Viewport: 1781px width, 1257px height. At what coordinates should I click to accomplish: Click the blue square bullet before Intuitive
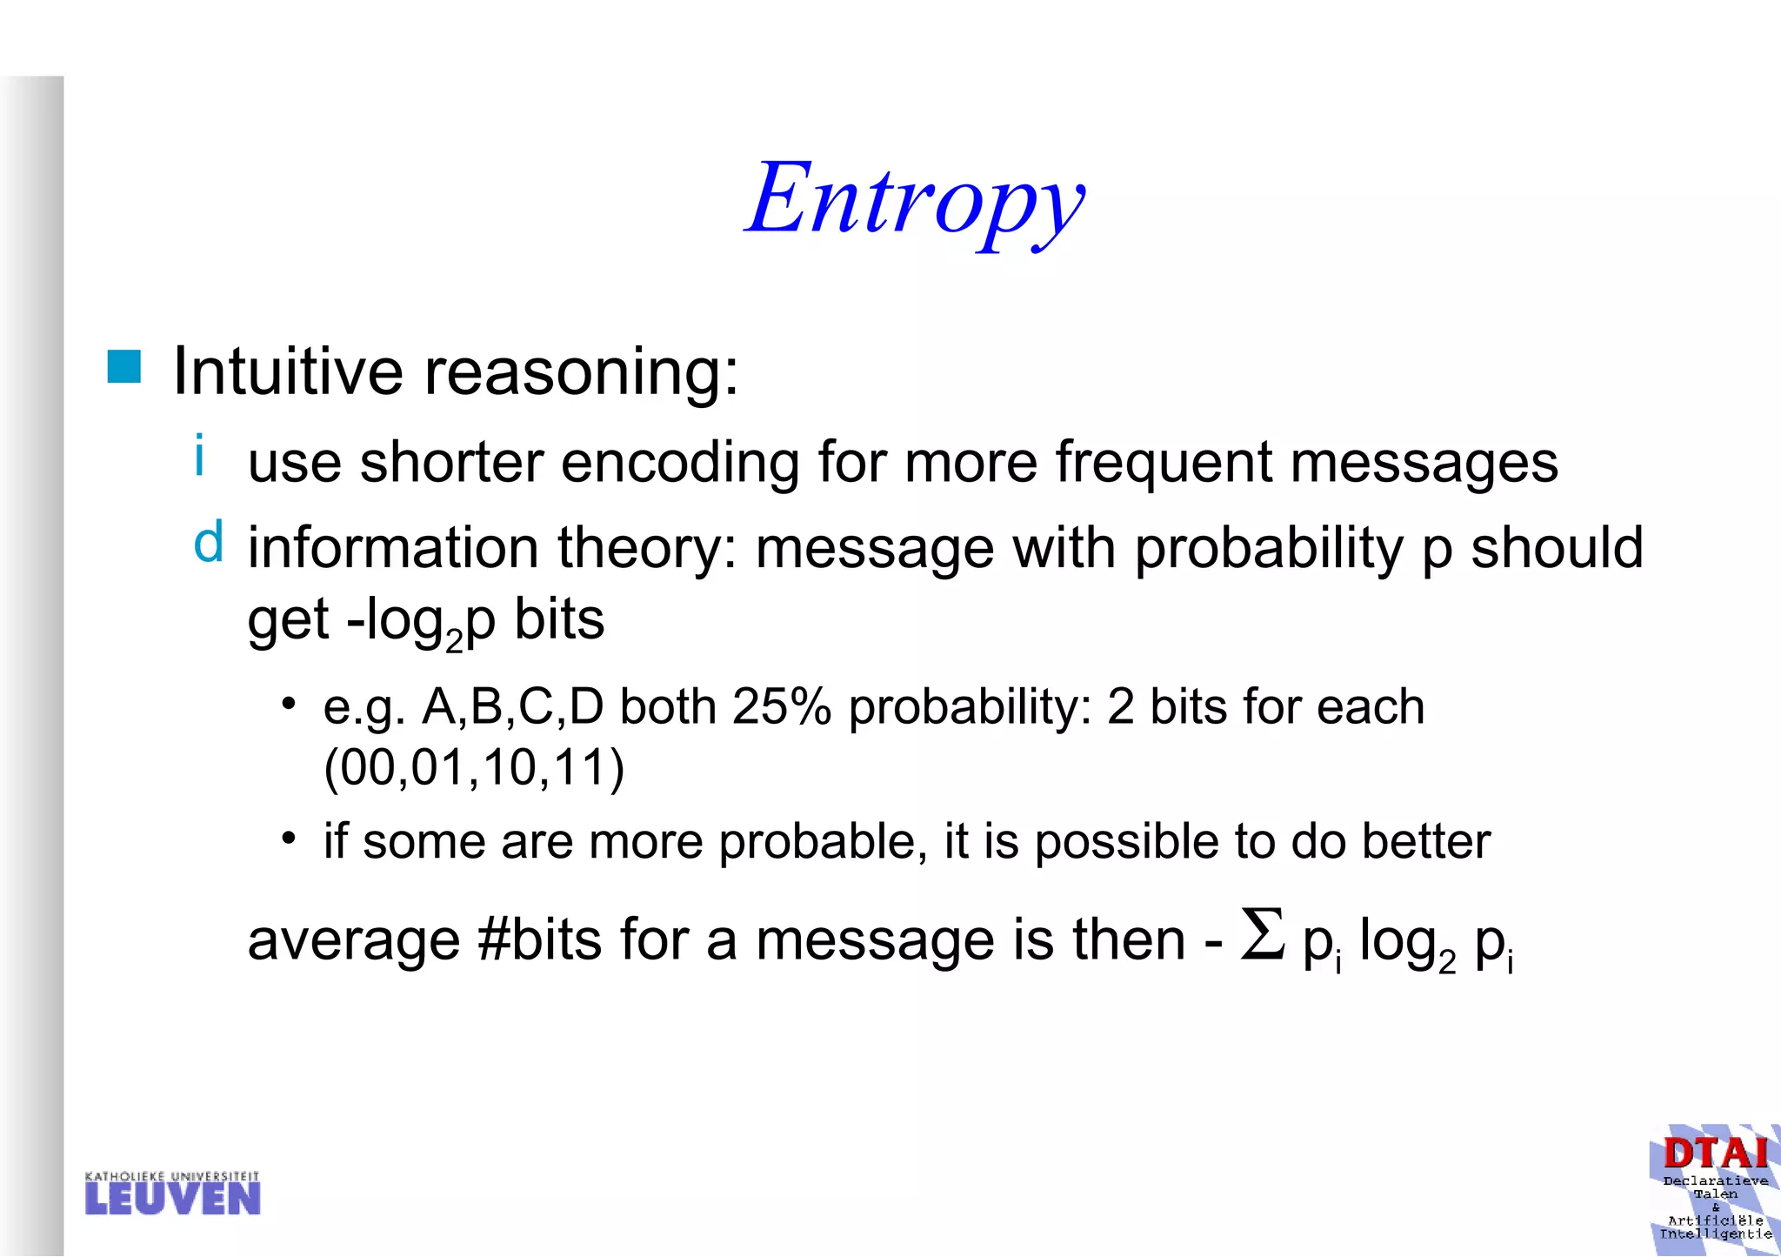point(123,367)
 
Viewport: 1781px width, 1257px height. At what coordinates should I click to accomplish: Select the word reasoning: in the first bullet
point(581,372)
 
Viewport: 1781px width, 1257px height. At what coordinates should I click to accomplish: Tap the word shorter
point(451,462)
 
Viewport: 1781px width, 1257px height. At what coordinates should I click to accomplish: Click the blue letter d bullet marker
point(208,542)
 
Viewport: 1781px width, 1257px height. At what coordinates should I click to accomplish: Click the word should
point(1556,547)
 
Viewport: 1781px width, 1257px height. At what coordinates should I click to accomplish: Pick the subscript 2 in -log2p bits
point(454,642)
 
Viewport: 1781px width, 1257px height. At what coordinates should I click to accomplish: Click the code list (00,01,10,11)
point(474,768)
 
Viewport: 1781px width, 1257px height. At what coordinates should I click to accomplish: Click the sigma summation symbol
point(1262,935)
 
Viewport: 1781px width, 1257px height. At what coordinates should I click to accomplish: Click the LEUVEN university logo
point(172,1194)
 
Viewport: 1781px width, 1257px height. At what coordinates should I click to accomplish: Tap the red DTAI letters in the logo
point(1715,1154)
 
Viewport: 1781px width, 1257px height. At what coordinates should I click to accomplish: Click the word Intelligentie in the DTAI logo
point(1715,1234)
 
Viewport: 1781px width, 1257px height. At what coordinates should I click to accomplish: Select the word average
point(353,942)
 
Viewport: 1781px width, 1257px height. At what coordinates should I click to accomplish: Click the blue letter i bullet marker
point(200,455)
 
